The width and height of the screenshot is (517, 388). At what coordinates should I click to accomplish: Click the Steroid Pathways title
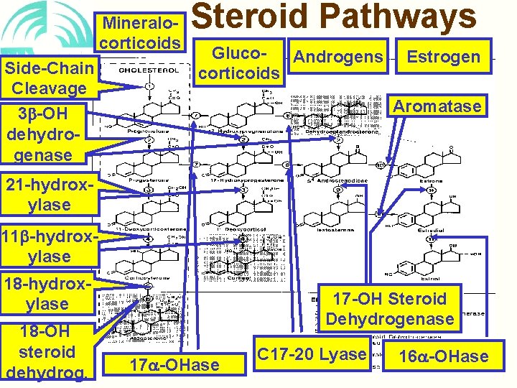click(x=334, y=17)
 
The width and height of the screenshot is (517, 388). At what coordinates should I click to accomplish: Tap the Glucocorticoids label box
click(x=239, y=62)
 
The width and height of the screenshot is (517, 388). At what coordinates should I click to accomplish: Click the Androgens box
click(x=339, y=56)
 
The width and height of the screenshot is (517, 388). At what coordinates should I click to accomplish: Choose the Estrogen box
click(x=444, y=56)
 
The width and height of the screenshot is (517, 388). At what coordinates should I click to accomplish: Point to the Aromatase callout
click(x=437, y=106)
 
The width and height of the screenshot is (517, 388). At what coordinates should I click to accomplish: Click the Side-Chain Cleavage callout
click(x=49, y=78)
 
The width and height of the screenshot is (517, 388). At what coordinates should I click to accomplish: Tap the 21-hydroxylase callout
click(x=48, y=195)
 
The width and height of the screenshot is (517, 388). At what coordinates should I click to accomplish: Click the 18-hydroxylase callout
click(x=47, y=294)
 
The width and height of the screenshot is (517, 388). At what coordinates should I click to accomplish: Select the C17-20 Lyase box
click(x=312, y=354)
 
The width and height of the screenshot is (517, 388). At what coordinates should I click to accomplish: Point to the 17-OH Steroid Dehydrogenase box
click(x=390, y=308)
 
